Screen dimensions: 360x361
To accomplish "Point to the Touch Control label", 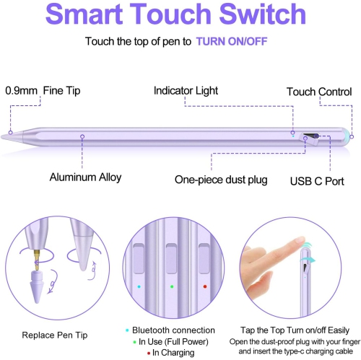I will click(x=318, y=92).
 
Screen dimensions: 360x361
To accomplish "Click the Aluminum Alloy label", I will click(x=85, y=177).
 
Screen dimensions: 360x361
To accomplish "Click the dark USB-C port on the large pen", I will click(x=311, y=135).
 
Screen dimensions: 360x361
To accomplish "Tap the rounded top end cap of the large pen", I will click(x=346, y=135).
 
